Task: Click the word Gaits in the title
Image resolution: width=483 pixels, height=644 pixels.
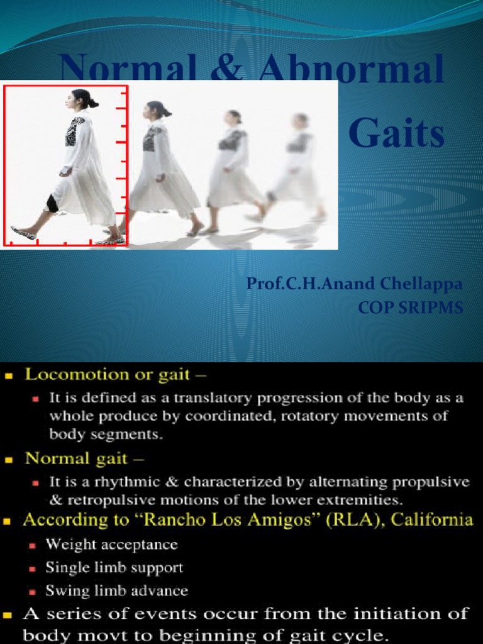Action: (396, 135)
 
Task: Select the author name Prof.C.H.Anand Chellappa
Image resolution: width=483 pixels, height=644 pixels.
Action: (354, 284)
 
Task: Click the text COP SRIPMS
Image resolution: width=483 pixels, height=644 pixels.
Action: (410, 308)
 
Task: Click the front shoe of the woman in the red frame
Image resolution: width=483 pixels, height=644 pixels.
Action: (23, 233)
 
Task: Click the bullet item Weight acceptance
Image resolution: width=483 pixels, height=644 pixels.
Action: (111, 544)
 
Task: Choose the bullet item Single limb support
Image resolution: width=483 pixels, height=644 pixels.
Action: (114, 567)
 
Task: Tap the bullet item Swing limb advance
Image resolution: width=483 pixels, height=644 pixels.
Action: (116, 591)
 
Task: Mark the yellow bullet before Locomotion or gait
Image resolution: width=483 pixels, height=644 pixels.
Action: (9, 376)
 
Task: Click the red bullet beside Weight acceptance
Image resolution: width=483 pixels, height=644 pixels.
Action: (36, 545)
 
